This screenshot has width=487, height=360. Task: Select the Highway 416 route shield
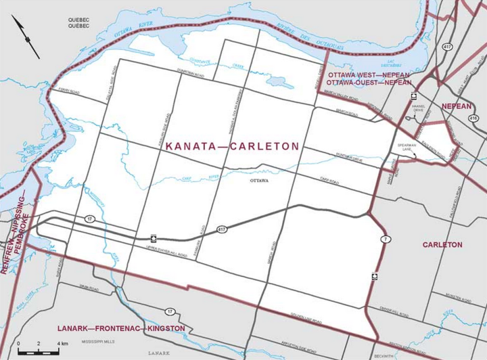472,117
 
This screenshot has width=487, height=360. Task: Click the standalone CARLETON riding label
442,244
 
